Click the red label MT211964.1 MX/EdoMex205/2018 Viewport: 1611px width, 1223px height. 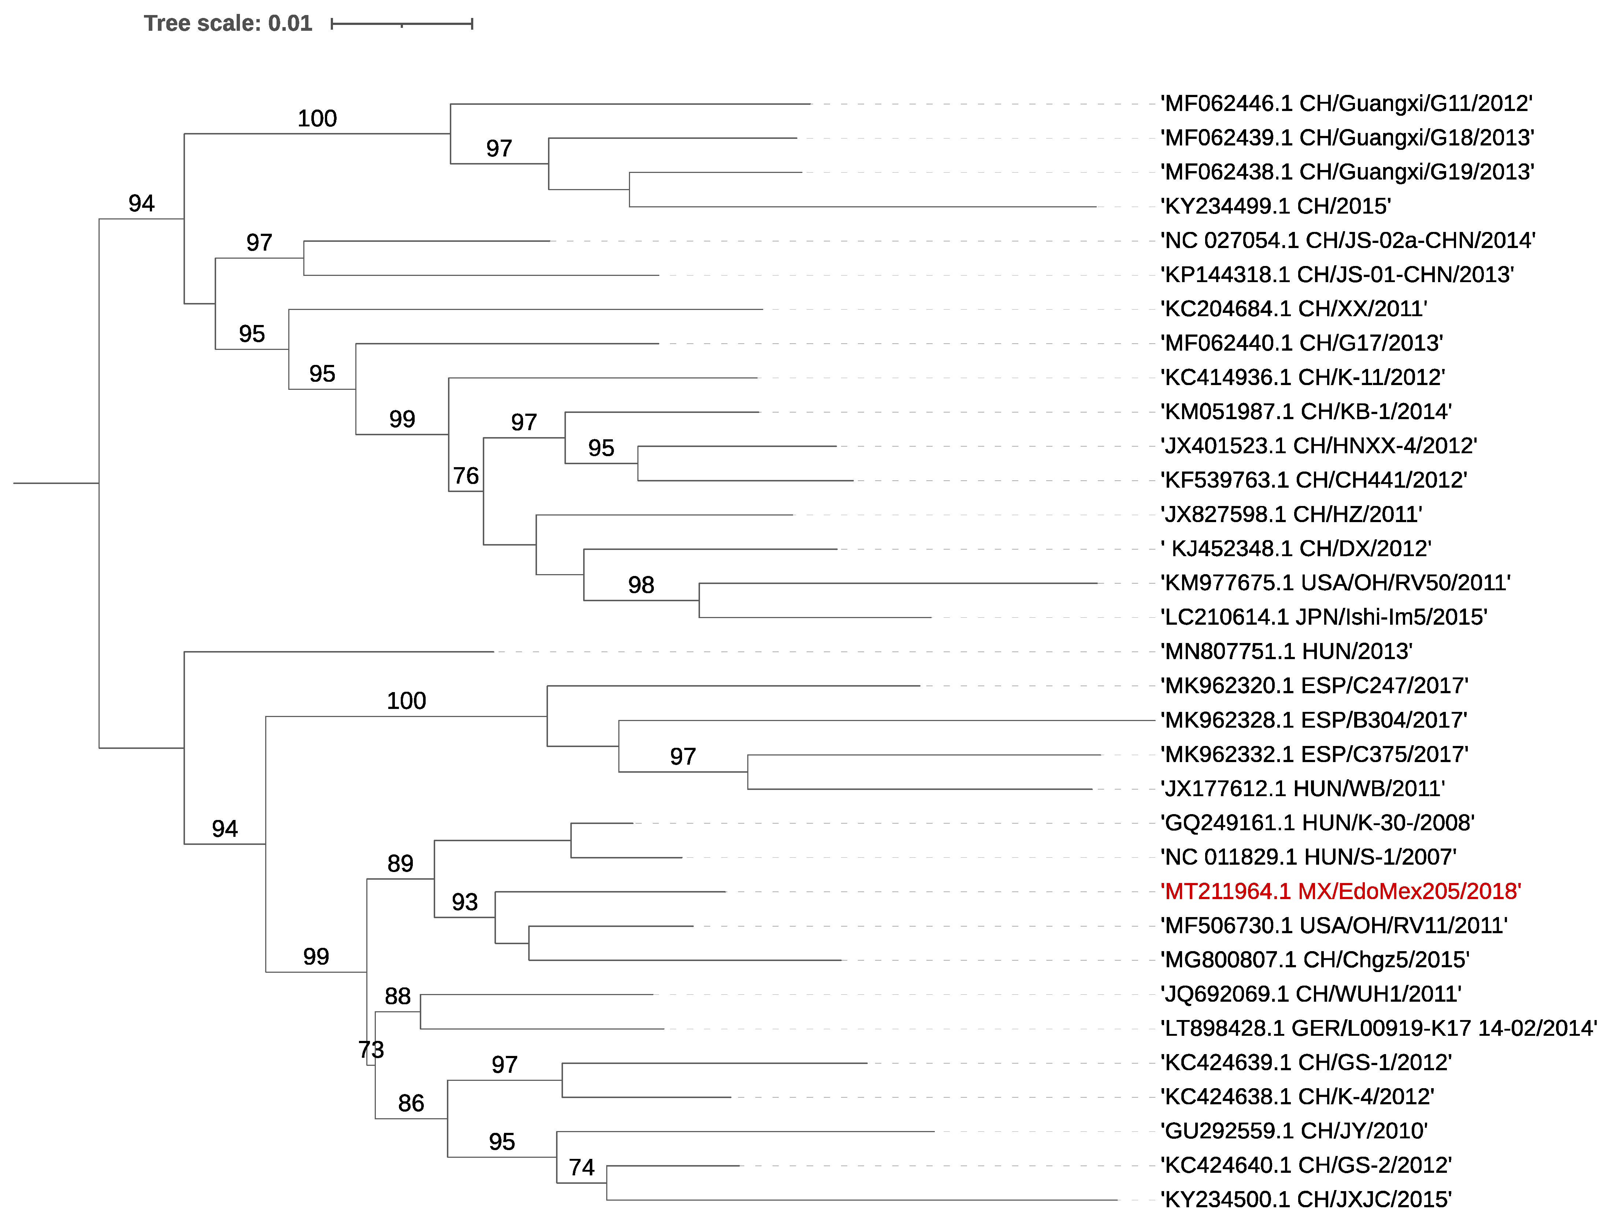click(1340, 891)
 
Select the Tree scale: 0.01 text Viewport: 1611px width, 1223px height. click(228, 23)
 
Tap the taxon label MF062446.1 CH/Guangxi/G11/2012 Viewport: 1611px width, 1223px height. click(1346, 103)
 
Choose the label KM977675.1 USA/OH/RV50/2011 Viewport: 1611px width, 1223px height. click(1335, 583)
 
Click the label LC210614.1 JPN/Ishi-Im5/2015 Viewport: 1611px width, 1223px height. click(1323, 617)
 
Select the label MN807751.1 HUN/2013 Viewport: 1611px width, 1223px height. click(1286, 651)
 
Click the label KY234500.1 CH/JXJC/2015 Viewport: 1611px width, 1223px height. click(1306, 1199)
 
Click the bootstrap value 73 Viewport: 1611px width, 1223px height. click(371, 1050)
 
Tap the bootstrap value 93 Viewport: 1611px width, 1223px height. click(465, 902)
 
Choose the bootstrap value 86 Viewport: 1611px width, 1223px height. click(411, 1103)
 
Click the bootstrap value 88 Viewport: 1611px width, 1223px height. click(398, 996)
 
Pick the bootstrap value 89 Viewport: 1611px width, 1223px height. click(400, 863)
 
